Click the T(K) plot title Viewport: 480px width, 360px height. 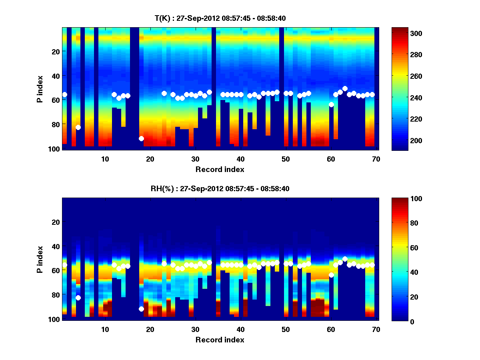point(220,18)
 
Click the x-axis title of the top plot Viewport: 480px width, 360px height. point(220,169)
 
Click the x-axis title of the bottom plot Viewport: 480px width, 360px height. point(220,340)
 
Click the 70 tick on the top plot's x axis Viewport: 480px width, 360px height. point(376,159)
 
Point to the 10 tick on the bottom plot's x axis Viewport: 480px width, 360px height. point(105,329)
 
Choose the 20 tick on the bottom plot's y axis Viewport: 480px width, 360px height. point(56,222)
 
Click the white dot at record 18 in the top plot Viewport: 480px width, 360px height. point(141,138)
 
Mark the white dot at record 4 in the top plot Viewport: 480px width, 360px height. point(78,127)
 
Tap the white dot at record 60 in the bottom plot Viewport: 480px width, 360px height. point(331,275)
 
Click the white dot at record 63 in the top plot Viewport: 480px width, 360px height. point(345,88)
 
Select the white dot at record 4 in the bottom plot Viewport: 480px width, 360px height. point(78,298)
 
